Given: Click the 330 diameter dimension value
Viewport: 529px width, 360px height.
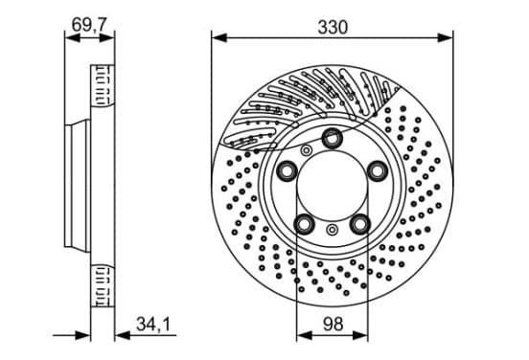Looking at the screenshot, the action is pos(333,28).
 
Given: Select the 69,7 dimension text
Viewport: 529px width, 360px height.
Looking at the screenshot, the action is pos(89,24).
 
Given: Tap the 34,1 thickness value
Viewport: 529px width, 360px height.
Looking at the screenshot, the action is pos(153,324).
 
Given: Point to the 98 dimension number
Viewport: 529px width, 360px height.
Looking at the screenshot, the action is pos(333,324).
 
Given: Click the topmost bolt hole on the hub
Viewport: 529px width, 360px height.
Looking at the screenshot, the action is pos(332,138).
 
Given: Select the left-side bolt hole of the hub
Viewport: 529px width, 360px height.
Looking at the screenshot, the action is pos(287,170).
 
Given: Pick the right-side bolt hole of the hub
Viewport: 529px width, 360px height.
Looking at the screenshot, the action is pos(378,170).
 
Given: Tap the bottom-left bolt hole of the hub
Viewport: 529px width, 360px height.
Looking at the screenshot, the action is pos(305,223).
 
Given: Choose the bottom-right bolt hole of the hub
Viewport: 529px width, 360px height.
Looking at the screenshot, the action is pos(360,223).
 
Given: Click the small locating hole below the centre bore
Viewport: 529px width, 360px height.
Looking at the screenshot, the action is pos(332,230).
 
